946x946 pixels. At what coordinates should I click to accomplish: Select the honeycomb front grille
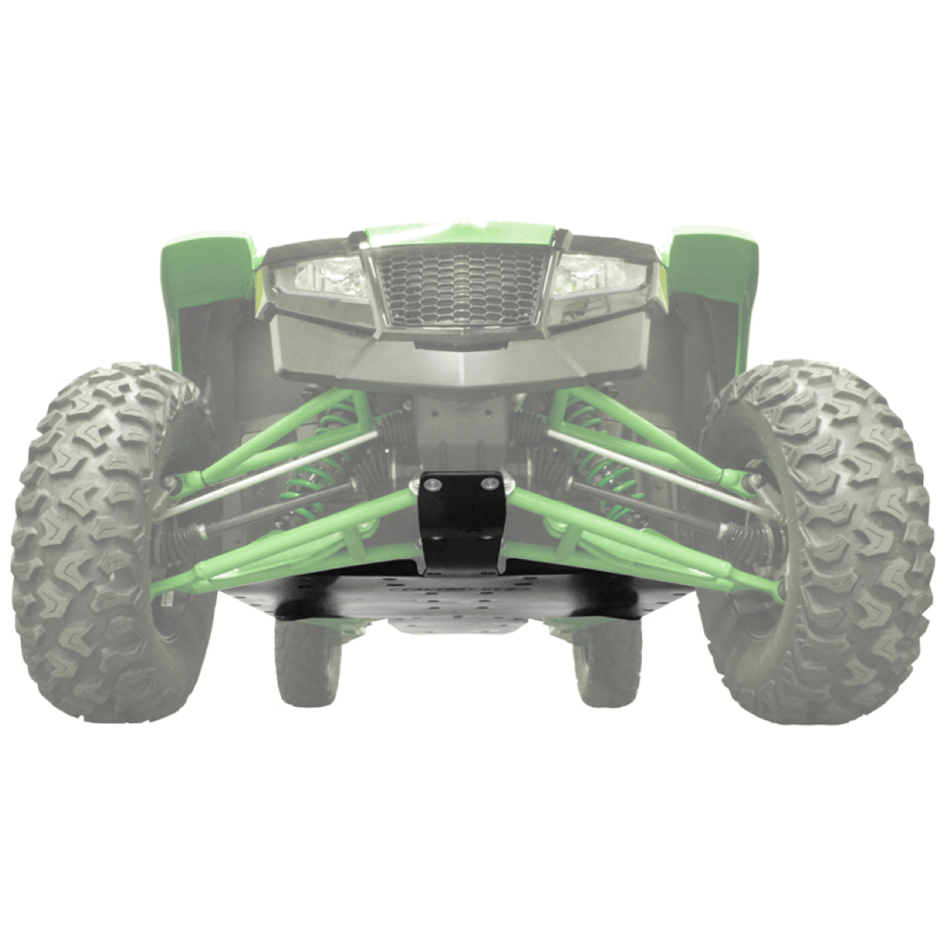pos(460,285)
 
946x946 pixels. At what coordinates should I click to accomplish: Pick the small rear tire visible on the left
pos(307,661)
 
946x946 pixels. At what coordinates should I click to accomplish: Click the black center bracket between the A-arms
pos(462,522)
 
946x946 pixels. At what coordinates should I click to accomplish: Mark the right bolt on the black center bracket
pos(492,482)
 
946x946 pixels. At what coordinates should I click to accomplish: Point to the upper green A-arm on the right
pos(647,434)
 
